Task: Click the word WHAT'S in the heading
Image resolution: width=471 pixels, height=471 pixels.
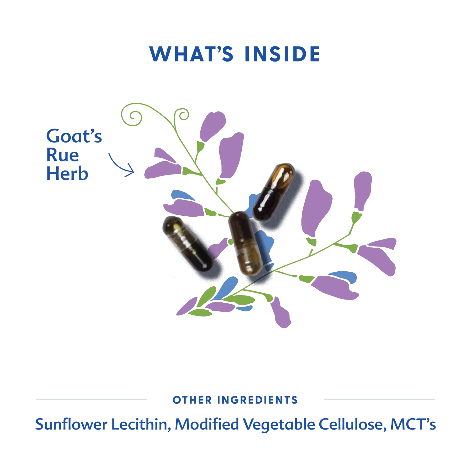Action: [x=191, y=54]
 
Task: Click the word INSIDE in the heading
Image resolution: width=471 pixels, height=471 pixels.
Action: [x=282, y=54]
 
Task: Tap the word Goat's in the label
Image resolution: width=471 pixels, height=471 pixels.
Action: [x=74, y=136]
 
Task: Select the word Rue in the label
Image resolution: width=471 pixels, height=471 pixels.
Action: [x=62, y=155]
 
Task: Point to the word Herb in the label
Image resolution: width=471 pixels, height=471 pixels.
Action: [x=67, y=173]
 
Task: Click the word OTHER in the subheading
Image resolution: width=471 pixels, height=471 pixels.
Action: [x=192, y=400]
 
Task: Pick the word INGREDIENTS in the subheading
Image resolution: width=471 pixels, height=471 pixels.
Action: [x=257, y=400]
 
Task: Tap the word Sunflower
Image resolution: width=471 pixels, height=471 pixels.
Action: [x=71, y=424]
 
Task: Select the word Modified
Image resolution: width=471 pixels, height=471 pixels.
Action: [x=207, y=424]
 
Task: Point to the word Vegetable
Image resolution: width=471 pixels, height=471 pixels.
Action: [x=279, y=425]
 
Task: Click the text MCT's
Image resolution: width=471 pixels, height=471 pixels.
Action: [x=413, y=424]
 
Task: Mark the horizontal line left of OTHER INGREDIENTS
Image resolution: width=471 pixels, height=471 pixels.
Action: [x=91, y=400]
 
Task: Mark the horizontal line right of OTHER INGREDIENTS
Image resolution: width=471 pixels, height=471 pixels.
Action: [x=379, y=400]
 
